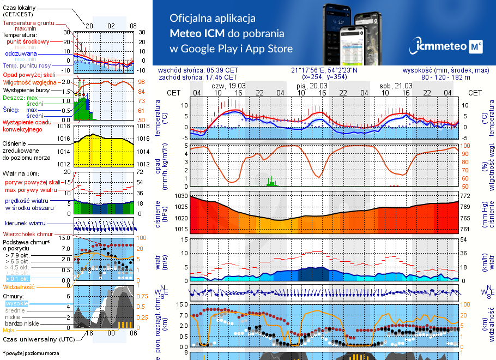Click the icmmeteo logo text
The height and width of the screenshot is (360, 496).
pyautogui.click(x=440, y=47)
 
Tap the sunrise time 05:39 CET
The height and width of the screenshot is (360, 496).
pyautogui.click(x=222, y=70)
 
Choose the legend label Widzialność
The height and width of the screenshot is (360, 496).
pyautogui.click(x=19, y=286)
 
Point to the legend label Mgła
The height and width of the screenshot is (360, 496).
pyautogui.click(x=9, y=330)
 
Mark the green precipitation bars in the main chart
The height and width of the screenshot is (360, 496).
pyautogui.click(x=271, y=182)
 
